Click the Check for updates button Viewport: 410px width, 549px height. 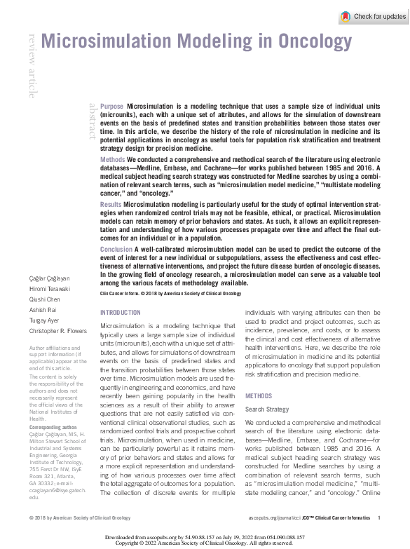tap(372, 17)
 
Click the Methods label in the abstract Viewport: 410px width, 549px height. tap(113, 161)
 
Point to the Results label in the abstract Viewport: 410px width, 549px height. tap(111, 203)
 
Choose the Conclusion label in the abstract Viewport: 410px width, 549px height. tap(116, 250)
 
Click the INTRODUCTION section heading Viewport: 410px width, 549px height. tap(121, 312)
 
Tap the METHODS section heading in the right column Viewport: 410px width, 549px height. tap(258, 396)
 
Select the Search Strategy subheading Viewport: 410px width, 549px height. tap(267, 409)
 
